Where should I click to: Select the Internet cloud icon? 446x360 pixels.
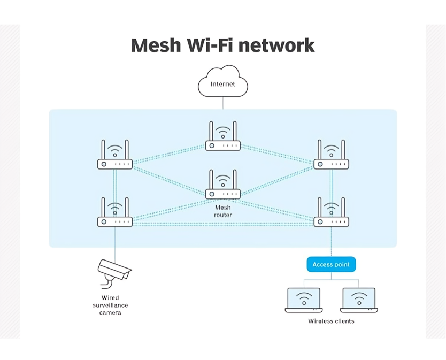pos(222,82)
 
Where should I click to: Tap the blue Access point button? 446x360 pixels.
pos(330,264)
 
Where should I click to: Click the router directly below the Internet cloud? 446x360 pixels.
pos(222,137)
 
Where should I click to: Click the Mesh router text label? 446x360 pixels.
pos(222,211)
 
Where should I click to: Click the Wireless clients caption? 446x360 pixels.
pos(331,321)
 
